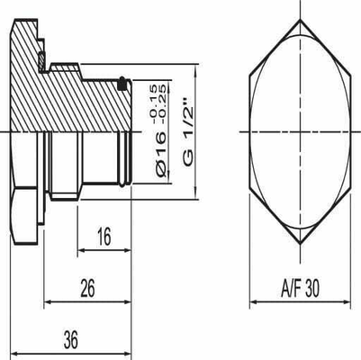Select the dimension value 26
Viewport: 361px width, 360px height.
[x=87, y=290]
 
